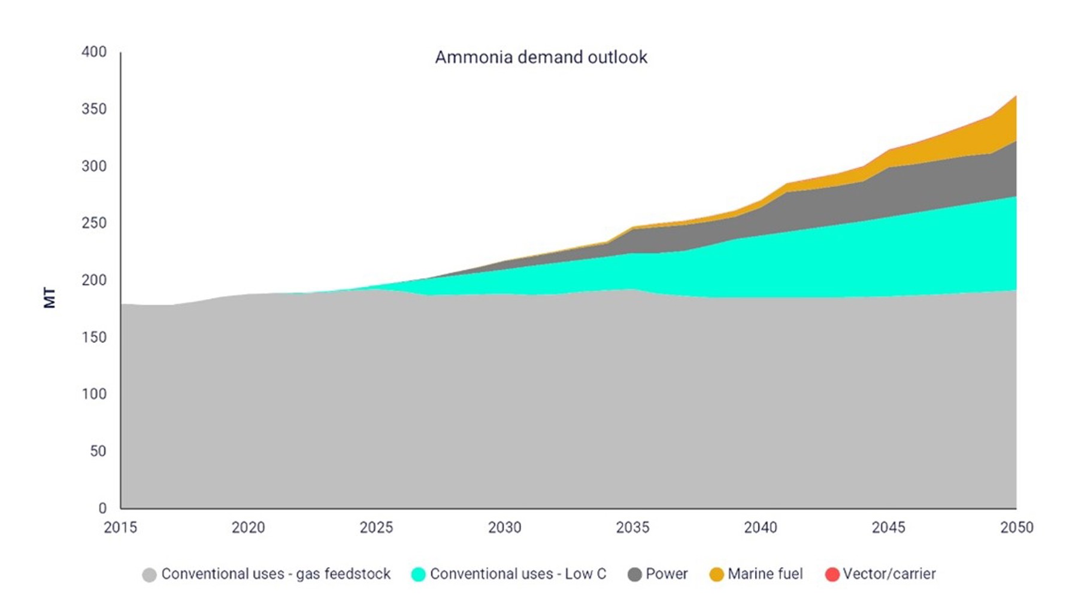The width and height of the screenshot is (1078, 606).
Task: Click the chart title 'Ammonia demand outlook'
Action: point(541,57)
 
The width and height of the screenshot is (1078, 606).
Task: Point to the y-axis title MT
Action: point(50,298)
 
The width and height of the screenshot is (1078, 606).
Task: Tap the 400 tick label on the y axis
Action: point(94,52)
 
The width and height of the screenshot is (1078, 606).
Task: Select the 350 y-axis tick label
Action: point(94,109)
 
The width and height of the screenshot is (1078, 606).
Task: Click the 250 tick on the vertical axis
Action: point(94,223)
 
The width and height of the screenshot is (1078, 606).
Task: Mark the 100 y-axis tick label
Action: point(94,394)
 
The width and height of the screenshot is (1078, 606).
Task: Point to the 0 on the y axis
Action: point(102,508)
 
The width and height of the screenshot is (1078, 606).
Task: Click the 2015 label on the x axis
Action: point(120,528)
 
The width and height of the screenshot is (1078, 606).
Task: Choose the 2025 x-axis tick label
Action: point(376,528)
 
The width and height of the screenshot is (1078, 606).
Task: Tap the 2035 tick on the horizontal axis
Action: point(632,528)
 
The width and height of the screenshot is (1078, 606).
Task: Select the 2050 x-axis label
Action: point(1017,528)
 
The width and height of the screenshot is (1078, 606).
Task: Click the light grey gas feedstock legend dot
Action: point(149,575)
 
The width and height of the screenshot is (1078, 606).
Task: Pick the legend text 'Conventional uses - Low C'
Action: point(518,574)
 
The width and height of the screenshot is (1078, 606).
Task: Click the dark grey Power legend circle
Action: point(634,575)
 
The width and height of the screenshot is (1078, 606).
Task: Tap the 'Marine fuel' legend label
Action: point(765,574)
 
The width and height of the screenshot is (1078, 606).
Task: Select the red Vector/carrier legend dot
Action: point(832,575)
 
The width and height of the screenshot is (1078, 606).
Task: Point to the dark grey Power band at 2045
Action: point(889,191)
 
